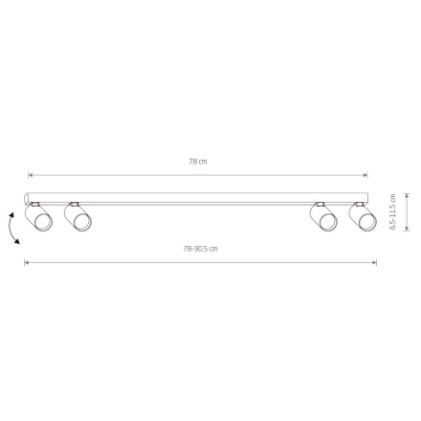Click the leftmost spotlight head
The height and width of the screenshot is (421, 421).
coord(39,220)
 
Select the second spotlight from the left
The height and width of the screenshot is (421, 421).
coord(77,220)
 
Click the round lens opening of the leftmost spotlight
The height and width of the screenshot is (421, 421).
coord(44,225)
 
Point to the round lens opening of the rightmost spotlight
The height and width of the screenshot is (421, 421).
coord(366,225)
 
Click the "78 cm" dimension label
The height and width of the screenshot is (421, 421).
coord(198,162)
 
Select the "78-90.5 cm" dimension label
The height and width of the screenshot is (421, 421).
coord(200,249)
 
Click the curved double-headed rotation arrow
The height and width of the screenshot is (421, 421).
coord(12,230)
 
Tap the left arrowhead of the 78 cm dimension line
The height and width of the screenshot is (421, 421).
coord(30,175)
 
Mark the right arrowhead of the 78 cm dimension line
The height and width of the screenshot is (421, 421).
coord(366,175)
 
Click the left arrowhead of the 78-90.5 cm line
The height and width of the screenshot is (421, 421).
coord(26,262)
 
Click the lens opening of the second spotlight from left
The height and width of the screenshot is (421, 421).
coord(81,225)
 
